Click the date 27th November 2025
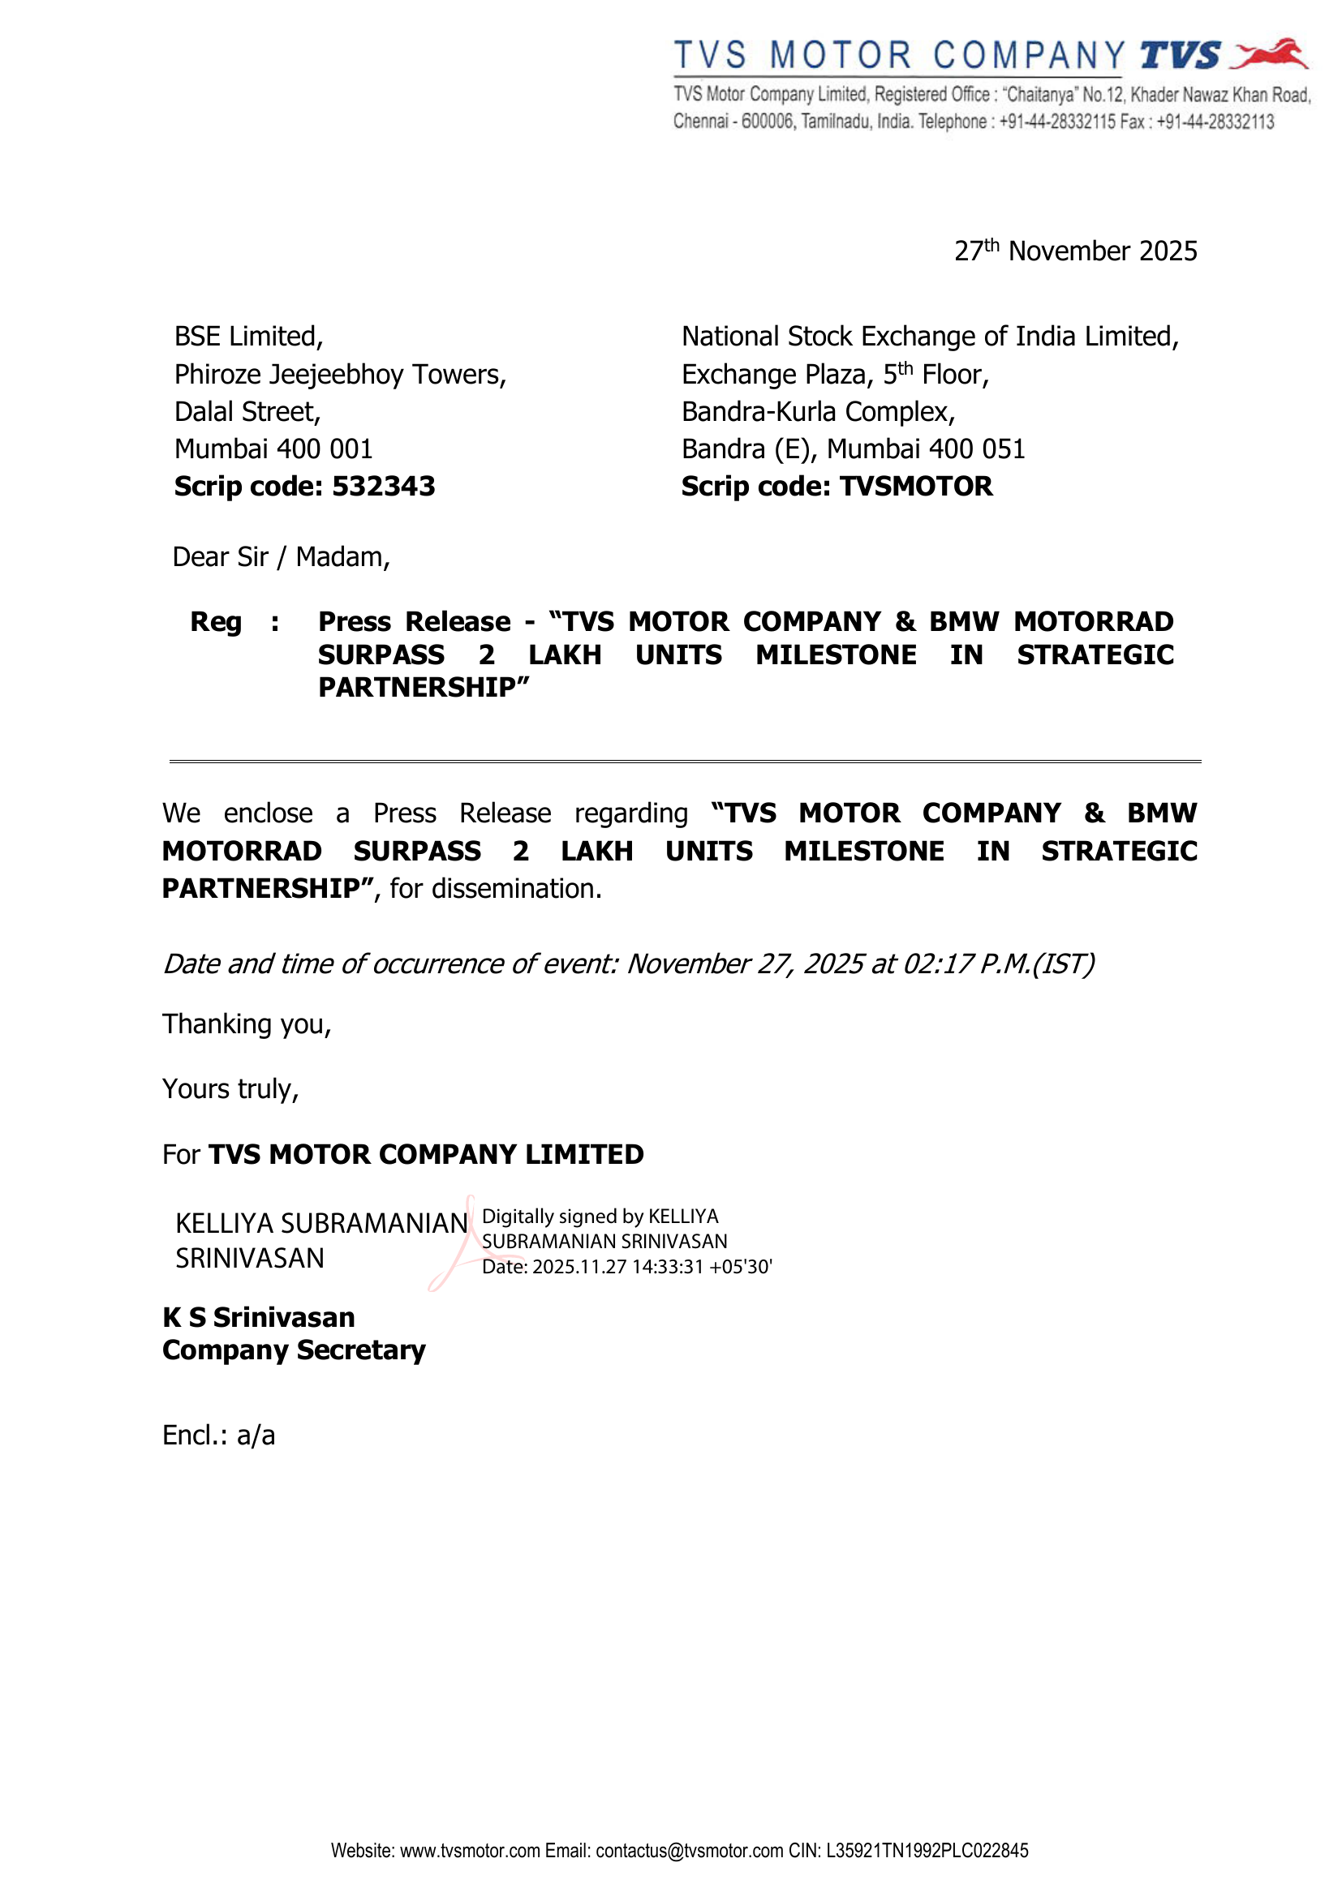click(x=1075, y=251)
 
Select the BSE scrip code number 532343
click(x=384, y=487)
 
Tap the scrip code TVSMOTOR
click(x=915, y=487)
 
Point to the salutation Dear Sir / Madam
click(x=281, y=558)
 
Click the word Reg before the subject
click(x=216, y=621)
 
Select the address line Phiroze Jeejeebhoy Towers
click(x=340, y=374)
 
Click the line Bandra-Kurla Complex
click(x=818, y=411)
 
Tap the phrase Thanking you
click(x=247, y=1024)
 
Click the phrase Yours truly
click(x=230, y=1089)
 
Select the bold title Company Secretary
click(x=294, y=1350)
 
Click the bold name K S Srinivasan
click(x=259, y=1317)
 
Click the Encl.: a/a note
click(x=218, y=1436)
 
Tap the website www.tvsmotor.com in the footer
click(x=471, y=1851)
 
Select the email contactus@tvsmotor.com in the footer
click(x=689, y=1851)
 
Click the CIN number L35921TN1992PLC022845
click(x=927, y=1851)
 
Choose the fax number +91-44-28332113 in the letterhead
click(x=1215, y=122)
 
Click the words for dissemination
click(x=496, y=889)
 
